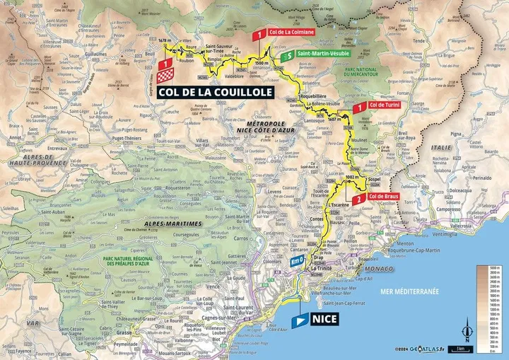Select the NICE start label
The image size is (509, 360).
[323, 319]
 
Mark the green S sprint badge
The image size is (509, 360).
[286, 54]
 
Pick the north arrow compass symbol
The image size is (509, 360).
[466, 332]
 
